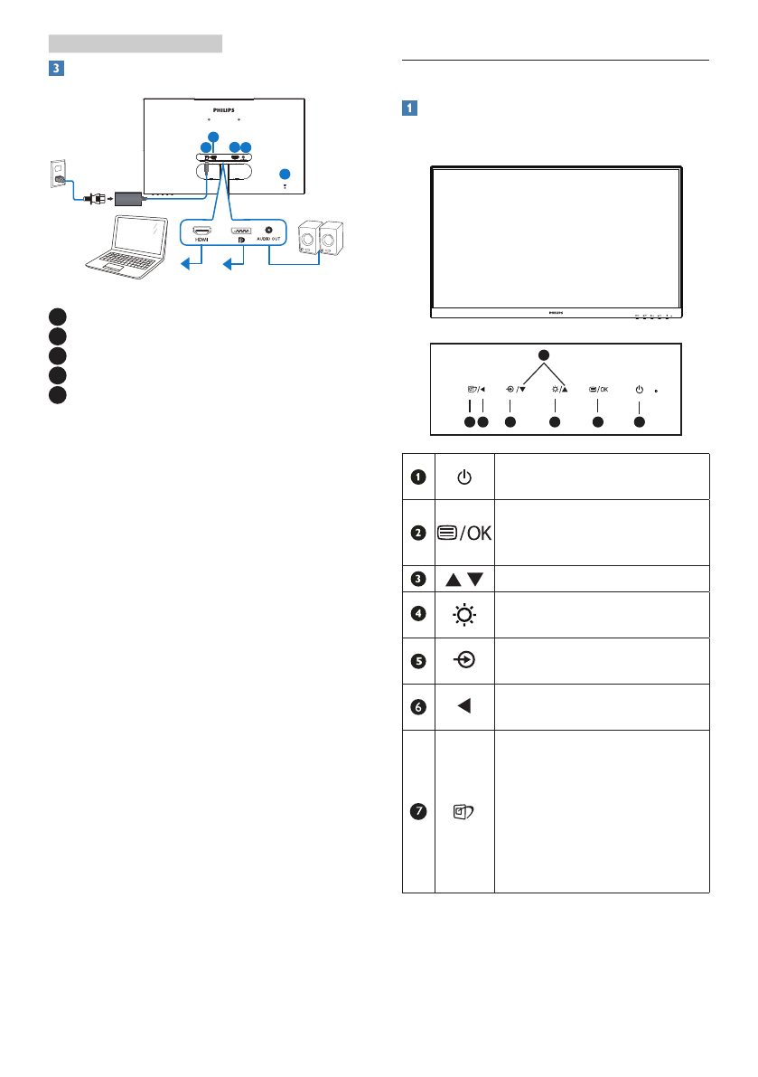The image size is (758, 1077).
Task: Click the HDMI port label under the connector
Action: tap(201, 240)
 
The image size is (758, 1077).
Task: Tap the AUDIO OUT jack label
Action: tap(268, 240)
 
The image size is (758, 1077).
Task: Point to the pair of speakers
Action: tap(320, 239)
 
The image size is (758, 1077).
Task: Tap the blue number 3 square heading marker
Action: tap(56, 68)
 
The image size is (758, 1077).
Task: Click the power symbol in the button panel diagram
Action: tap(640, 390)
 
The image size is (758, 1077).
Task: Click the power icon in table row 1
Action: tap(463, 477)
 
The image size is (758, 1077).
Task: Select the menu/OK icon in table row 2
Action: tap(463, 532)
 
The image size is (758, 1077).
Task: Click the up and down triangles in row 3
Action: tap(463, 578)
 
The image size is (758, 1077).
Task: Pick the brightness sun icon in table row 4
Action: tap(463, 614)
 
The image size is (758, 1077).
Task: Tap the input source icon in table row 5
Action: tap(463, 660)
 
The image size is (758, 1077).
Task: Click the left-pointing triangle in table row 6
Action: tap(463, 706)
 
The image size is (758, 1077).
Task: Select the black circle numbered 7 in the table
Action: tap(417, 811)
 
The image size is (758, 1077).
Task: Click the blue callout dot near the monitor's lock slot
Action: tap(285, 174)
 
